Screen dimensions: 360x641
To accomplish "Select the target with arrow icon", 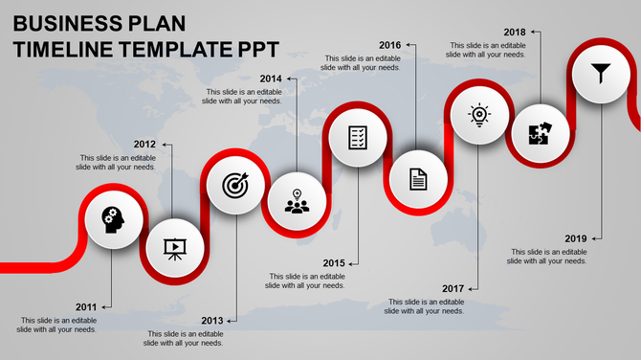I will (x=234, y=183).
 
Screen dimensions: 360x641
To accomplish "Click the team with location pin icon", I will (x=297, y=201).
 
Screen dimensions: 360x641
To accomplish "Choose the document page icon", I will (x=418, y=178).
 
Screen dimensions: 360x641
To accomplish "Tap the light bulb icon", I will (x=478, y=115).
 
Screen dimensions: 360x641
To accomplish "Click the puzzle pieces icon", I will (x=539, y=133).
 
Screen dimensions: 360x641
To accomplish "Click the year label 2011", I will (x=86, y=306).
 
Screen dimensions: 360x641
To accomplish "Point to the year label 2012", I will (x=144, y=144).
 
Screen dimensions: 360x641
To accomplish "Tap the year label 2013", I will (x=211, y=320).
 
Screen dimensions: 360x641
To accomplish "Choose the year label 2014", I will (x=271, y=79).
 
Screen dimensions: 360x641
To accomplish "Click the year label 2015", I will (x=333, y=262).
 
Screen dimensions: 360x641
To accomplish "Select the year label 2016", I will (x=389, y=45).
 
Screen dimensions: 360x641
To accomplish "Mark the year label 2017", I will (x=453, y=288).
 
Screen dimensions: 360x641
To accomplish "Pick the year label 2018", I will (x=514, y=32).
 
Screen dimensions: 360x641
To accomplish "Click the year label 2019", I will (x=576, y=237).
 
